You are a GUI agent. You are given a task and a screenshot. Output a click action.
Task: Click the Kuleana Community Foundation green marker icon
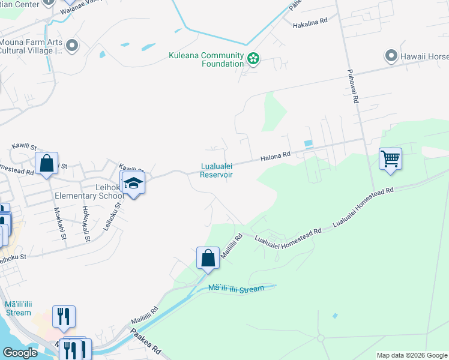(253, 59)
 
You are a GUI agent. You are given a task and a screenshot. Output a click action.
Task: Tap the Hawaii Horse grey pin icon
(391, 56)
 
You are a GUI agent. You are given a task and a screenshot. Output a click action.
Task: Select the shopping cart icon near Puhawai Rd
(390, 160)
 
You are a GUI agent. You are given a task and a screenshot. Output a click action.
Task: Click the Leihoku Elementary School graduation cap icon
(133, 184)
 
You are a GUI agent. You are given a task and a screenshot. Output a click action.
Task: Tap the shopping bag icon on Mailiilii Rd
(207, 259)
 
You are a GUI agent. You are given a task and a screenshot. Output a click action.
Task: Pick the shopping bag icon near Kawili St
(46, 163)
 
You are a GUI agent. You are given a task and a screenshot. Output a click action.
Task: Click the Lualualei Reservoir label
(216, 170)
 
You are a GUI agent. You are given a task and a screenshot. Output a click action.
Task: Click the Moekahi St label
(60, 222)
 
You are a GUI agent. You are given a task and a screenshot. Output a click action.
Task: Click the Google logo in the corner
(19, 353)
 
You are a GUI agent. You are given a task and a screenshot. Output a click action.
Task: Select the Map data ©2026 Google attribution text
(412, 355)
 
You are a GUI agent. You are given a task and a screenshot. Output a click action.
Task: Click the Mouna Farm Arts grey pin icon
(73, 46)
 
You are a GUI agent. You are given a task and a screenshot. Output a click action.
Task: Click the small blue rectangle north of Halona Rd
(309, 144)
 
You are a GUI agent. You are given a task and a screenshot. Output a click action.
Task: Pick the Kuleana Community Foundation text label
(206, 59)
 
